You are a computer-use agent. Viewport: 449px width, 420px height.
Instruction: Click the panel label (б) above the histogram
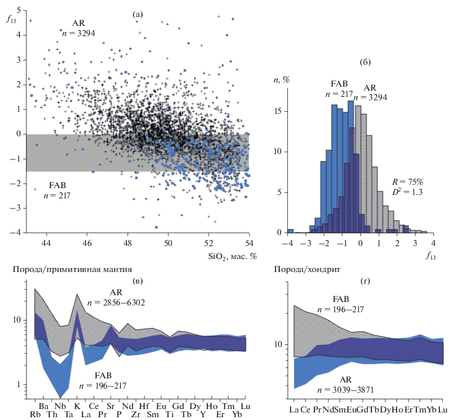[364, 63]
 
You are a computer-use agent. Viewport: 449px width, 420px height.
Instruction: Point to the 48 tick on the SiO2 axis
[128, 243]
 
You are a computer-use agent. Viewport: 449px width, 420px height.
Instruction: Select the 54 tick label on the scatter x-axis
[248, 243]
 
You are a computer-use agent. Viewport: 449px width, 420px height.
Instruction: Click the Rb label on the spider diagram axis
[35, 413]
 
